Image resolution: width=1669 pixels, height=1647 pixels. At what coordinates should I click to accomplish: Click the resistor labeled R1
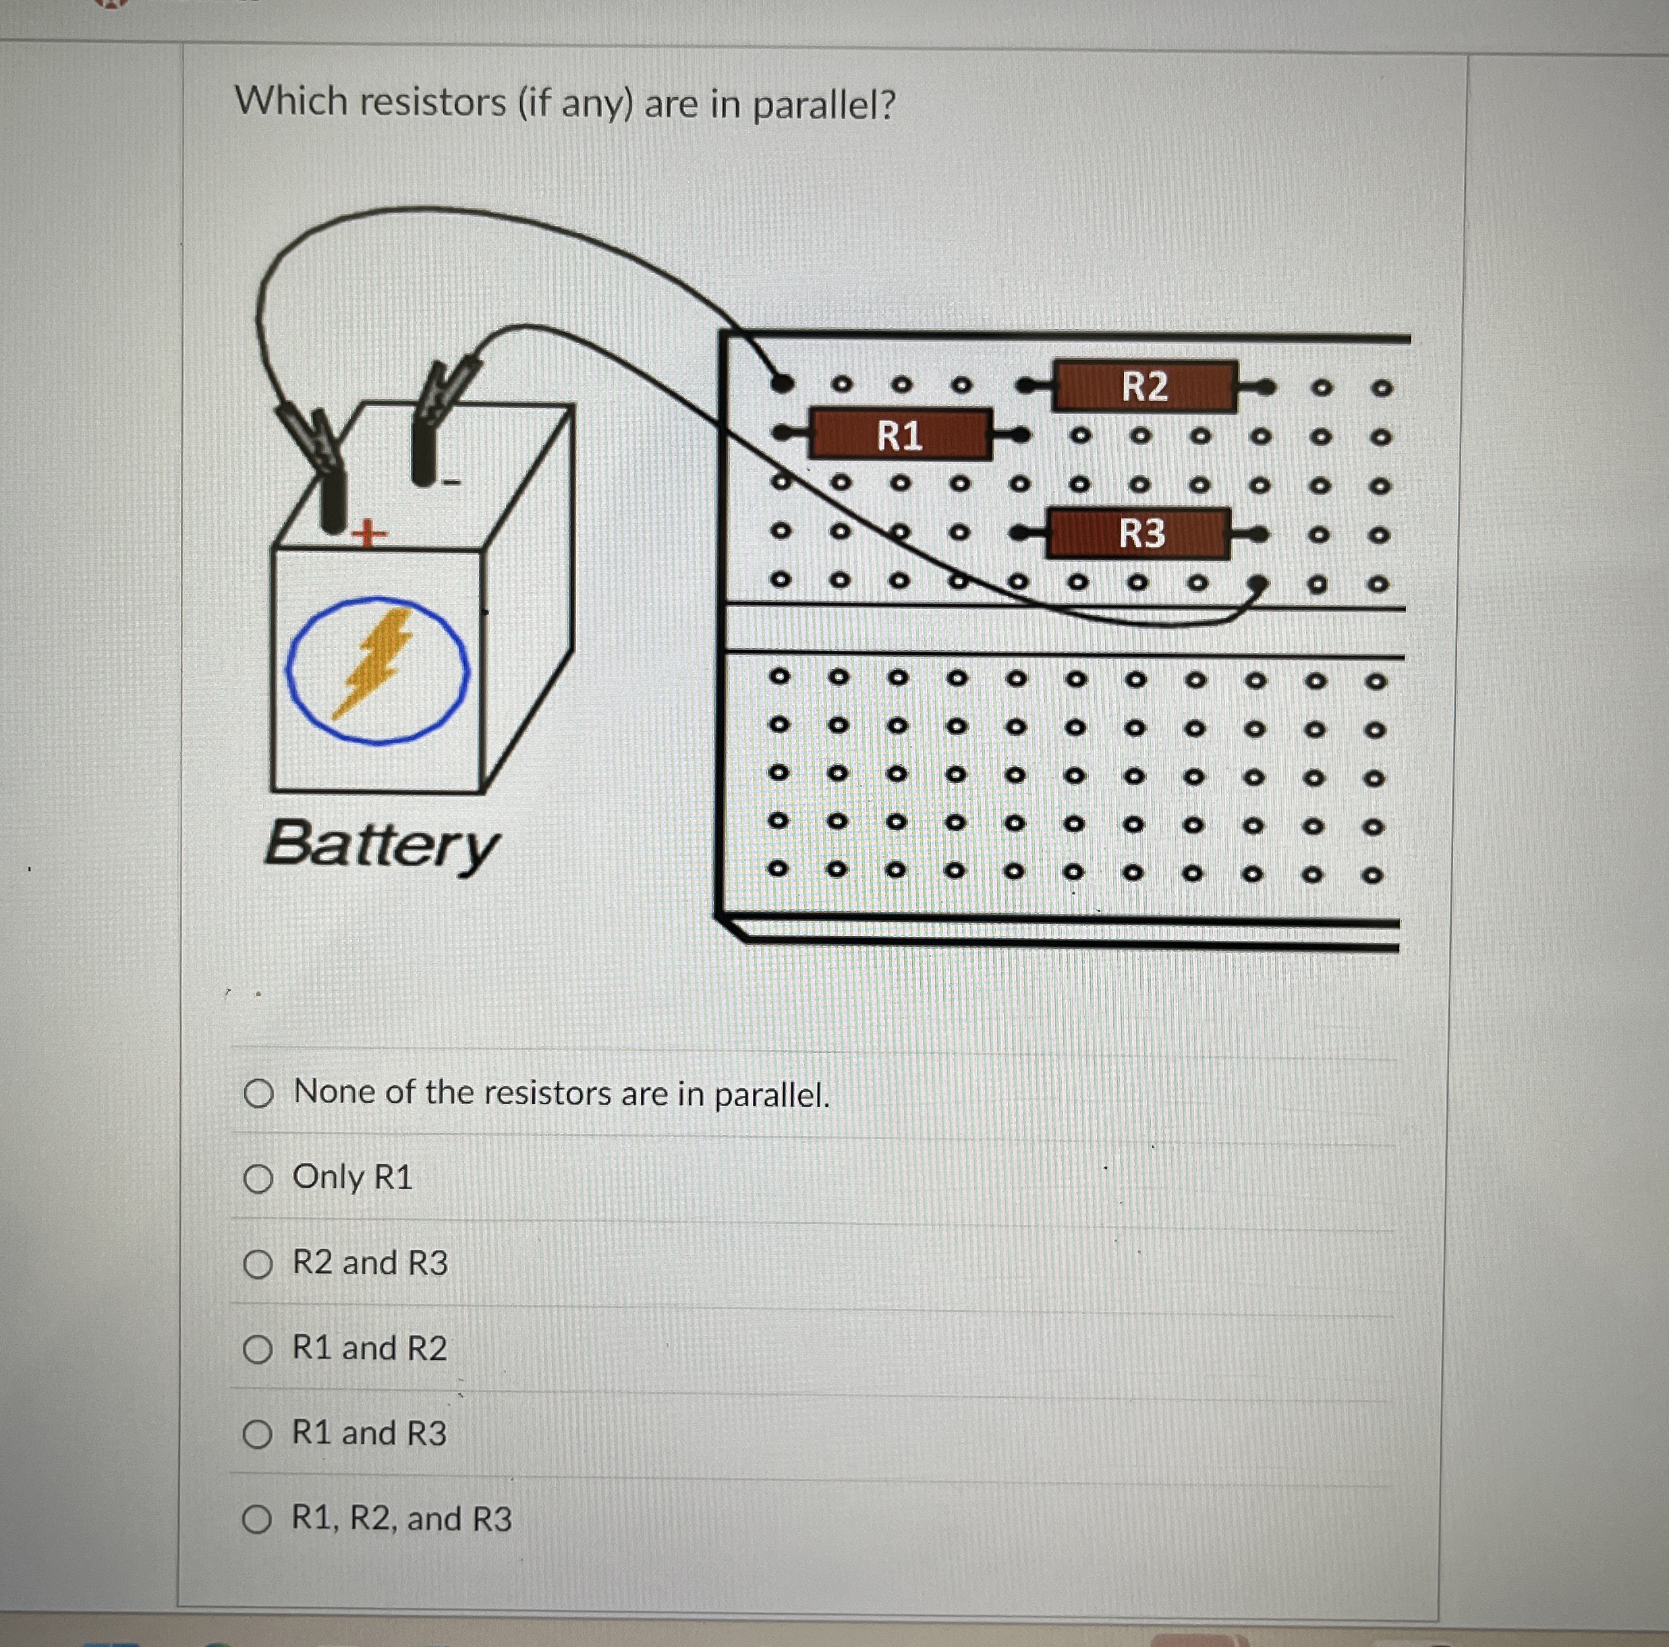click(899, 434)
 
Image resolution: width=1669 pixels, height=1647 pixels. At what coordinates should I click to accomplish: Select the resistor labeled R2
click(1145, 386)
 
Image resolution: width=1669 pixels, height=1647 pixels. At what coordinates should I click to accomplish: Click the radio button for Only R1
click(258, 1179)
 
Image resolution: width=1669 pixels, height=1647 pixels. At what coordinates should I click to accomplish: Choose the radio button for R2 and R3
click(258, 1265)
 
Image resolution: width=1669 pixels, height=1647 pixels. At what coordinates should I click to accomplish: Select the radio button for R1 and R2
click(258, 1349)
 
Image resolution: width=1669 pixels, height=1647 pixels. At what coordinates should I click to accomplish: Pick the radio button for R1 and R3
click(258, 1435)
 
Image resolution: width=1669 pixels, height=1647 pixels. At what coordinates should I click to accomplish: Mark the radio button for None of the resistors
click(258, 1094)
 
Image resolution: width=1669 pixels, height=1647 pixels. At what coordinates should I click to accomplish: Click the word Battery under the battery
click(382, 844)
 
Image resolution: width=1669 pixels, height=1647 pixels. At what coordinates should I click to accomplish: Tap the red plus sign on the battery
click(369, 535)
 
